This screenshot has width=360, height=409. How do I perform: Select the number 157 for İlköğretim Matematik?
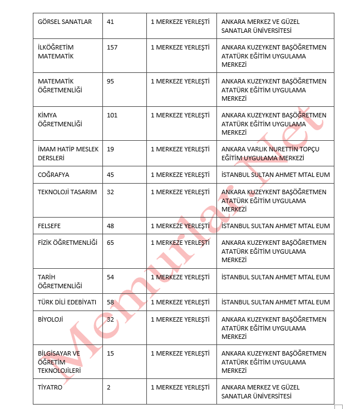(x=112, y=47)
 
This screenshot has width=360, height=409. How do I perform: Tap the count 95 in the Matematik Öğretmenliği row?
(x=110, y=81)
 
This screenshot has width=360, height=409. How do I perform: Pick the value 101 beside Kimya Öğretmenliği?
(x=112, y=115)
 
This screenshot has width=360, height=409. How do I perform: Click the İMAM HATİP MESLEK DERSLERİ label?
(x=68, y=154)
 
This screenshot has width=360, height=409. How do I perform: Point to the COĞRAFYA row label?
(x=53, y=175)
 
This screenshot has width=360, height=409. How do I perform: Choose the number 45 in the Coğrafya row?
(x=110, y=175)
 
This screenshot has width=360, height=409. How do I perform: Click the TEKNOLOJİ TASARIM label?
(x=67, y=192)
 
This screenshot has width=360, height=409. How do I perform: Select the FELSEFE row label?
(x=50, y=226)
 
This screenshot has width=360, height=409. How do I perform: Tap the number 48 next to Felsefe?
(x=110, y=226)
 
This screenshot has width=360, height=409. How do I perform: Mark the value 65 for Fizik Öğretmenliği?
(x=110, y=243)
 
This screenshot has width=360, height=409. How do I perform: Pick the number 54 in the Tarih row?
(x=110, y=277)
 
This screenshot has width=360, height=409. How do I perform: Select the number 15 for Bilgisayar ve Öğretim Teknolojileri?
(x=110, y=353)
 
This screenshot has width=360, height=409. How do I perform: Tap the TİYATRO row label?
(x=50, y=387)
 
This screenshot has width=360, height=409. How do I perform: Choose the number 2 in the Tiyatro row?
(x=109, y=387)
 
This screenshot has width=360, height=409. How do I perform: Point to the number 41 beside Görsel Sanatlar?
(x=110, y=22)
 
